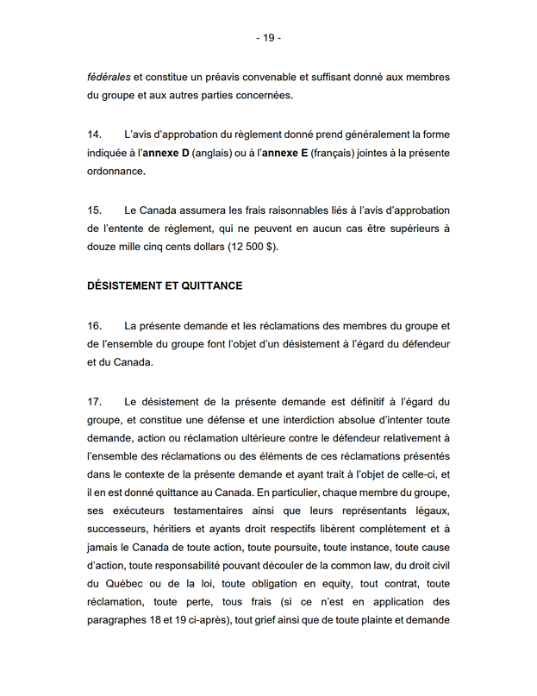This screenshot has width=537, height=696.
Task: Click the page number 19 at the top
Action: (x=268, y=38)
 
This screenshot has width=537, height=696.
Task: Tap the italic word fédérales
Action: (x=109, y=78)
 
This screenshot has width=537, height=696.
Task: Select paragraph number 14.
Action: (x=95, y=135)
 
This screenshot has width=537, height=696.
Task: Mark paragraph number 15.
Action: (x=95, y=210)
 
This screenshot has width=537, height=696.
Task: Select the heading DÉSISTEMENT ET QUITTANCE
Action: (x=165, y=285)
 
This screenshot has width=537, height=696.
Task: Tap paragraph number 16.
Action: (x=95, y=325)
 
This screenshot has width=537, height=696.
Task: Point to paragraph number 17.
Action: (x=95, y=401)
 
